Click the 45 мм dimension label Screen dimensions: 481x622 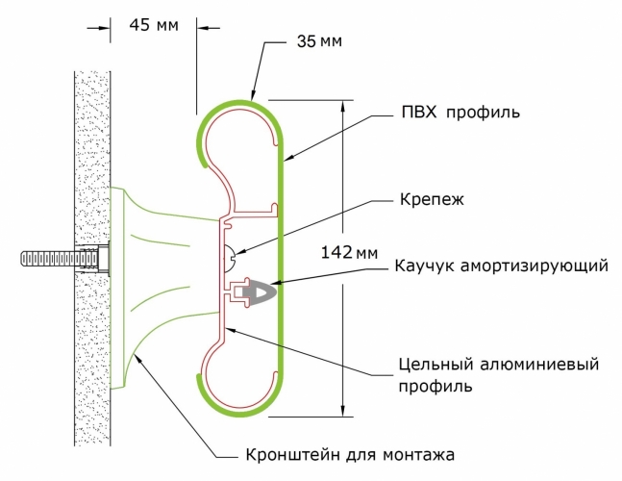[153, 26]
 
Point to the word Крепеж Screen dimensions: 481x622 [432, 202]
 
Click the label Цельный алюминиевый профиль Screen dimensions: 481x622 [491, 375]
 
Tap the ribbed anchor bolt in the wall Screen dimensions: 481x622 [58, 260]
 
